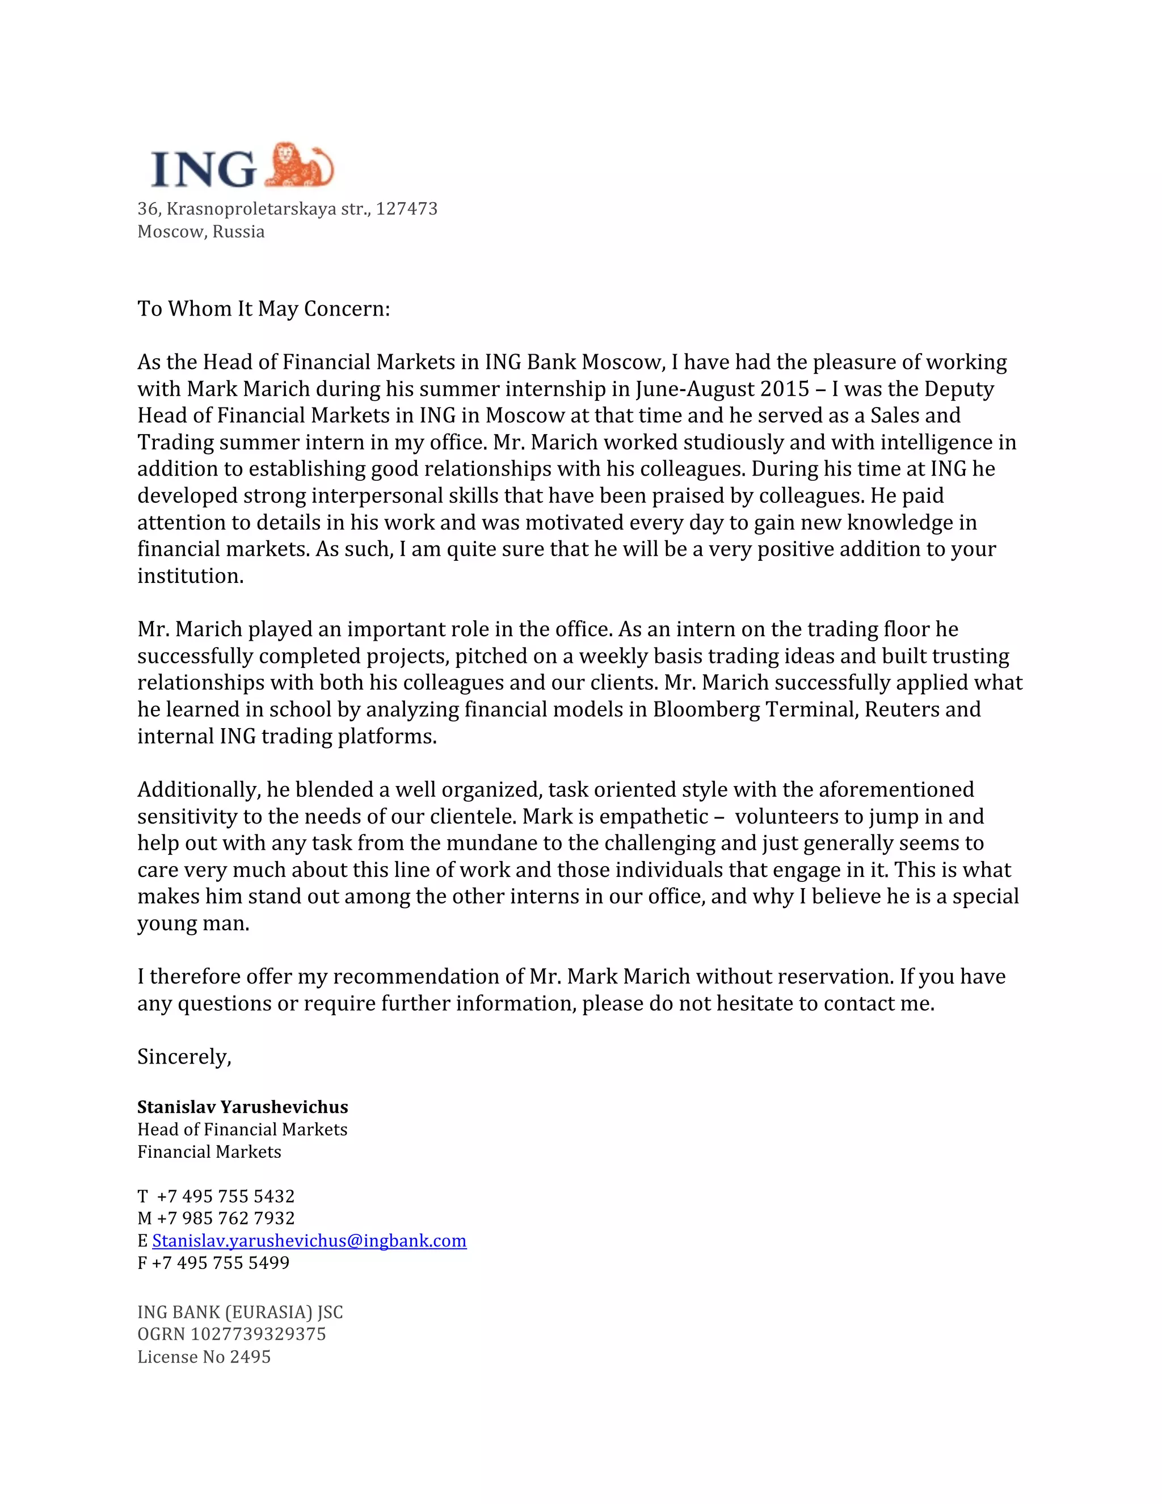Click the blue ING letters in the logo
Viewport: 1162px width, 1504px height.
pyautogui.click(x=203, y=169)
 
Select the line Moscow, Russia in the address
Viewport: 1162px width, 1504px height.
pyautogui.click(x=201, y=232)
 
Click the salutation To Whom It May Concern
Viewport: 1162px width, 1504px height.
pyautogui.click(x=264, y=309)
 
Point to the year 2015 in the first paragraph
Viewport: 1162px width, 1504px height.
pyautogui.click(x=784, y=389)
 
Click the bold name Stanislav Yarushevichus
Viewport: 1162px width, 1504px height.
pyautogui.click(x=242, y=1107)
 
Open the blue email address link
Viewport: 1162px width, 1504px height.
pyautogui.click(x=309, y=1241)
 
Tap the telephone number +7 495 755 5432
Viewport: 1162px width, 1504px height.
pyautogui.click(x=226, y=1196)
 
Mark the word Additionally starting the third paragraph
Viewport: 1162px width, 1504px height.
pyautogui.click(x=197, y=790)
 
